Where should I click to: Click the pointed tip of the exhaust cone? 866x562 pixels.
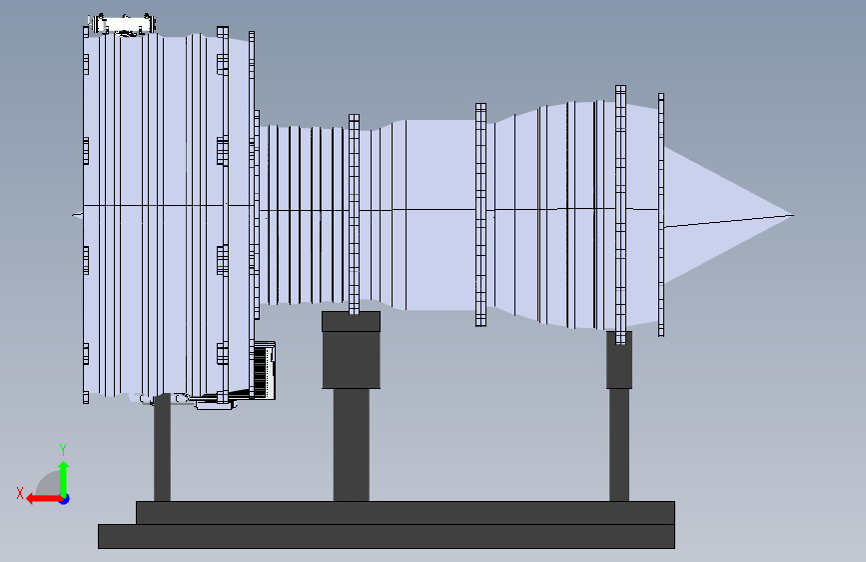[x=791, y=215]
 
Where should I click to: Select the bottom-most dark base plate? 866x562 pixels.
[x=386, y=536]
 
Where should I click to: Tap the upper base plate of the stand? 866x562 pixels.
[x=405, y=513]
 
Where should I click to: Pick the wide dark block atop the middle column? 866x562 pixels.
[x=351, y=350]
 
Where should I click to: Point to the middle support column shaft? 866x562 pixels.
[x=351, y=445]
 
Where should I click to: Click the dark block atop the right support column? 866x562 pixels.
[x=619, y=360]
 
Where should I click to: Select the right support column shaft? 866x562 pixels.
[x=619, y=445]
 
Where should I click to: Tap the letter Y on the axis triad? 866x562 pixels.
[x=62, y=450]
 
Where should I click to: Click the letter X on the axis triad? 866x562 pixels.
[x=20, y=492]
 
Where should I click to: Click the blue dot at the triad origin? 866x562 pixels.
[x=64, y=498]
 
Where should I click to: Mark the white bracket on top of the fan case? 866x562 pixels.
[x=122, y=25]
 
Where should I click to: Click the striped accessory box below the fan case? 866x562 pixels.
[x=265, y=370]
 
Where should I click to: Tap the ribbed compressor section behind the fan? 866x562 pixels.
[x=300, y=215]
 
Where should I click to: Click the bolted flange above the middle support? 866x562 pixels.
[x=354, y=215]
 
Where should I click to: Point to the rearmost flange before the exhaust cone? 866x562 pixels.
[x=661, y=215]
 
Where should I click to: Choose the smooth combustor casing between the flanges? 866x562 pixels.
[x=430, y=215]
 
